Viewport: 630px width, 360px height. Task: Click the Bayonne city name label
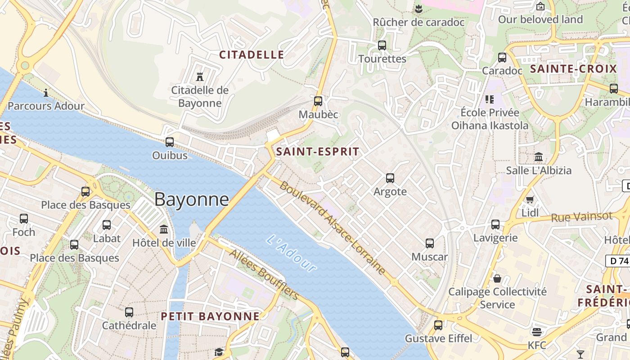pyautogui.click(x=192, y=199)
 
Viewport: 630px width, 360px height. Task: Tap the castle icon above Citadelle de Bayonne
pyautogui.click(x=200, y=76)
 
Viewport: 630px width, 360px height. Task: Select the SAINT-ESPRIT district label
pyautogui.click(x=318, y=152)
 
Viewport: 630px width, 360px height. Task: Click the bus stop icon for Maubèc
pyautogui.click(x=318, y=101)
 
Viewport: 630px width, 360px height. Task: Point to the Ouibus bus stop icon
pyautogui.click(x=170, y=142)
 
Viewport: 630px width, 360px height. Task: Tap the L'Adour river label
pyautogui.click(x=291, y=253)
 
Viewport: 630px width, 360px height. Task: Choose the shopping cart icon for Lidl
pyautogui.click(x=530, y=199)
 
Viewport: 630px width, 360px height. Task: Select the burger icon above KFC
pyautogui.click(x=536, y=332)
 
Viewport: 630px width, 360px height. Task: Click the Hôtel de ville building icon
pyautogui.click(x=164, y=229)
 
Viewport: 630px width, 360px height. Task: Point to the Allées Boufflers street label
pyautogui.click(x=264, y=274)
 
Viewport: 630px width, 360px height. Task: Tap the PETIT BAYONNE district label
pyautogui.click(x=210, y=316)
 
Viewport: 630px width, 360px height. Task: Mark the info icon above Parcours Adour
pyautogui.click(x=46, y=93)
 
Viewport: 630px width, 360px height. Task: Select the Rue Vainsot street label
pyautogui.click(x=582, y=217)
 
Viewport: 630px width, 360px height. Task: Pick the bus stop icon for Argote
pyautogui.click(x=390, y=178)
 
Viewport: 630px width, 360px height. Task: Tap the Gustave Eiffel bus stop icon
pyautogui.click(x=438, y=325)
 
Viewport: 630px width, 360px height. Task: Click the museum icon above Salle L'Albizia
pyautogui.click(x=539, y=157)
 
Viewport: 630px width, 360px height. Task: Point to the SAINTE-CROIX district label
pyautogui.click(x=573, y=69)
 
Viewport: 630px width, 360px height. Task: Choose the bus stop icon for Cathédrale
pyautogui.click(x=129, y=312)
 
